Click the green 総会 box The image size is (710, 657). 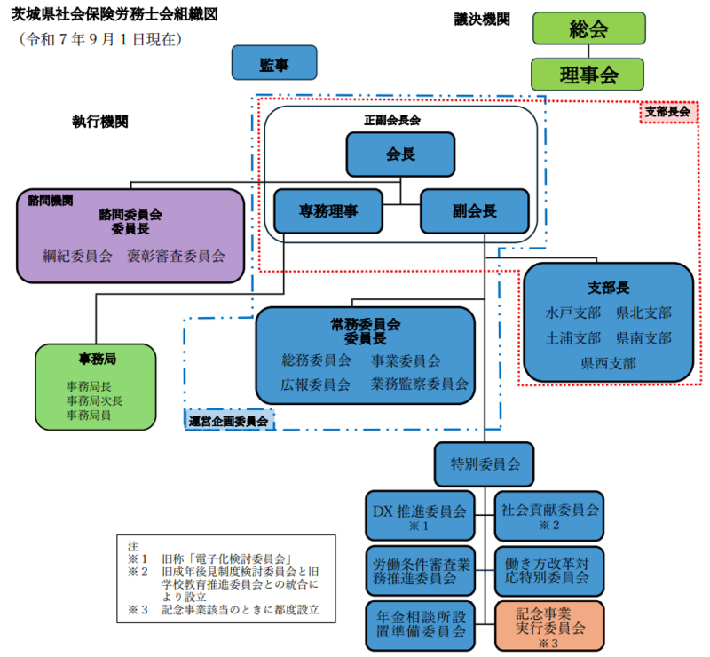(x=588, y=28)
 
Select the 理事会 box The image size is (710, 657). (x=588, y=75)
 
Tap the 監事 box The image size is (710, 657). (x=273, y=64)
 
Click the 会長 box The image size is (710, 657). (x=400, y=154)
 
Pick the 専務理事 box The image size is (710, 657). (x=328, y=211)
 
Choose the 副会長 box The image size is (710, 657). (x=474, y=211)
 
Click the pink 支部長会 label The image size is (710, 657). (x=667, y=112)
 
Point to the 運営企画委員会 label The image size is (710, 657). (x=228, y=421)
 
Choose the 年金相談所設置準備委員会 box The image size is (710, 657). (x=418, y=626)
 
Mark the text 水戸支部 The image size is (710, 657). (x=572, y=313)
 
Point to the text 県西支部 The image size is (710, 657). (x=608, y=362)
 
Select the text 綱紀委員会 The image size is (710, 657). (x=77, y=256)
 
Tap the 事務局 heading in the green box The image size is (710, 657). (x=95, y=360)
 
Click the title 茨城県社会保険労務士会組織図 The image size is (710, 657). (x=114, y=15)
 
